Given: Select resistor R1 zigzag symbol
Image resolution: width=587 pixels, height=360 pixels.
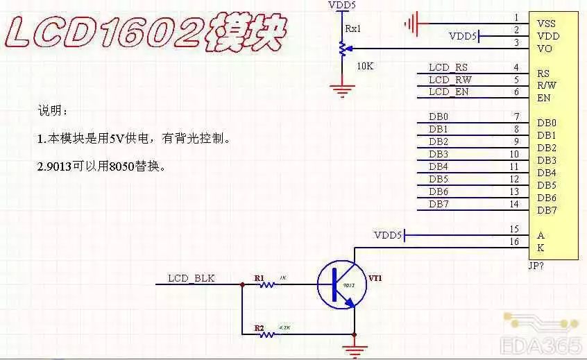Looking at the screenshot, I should [266, 284].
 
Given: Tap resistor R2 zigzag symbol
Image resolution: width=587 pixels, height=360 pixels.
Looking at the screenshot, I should [266, 334].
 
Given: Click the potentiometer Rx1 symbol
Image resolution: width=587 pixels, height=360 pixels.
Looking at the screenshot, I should [341, 49].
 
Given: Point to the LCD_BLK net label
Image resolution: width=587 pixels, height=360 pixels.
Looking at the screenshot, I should [192, 279].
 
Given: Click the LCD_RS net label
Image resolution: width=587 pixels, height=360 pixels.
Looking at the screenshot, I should [448, 67].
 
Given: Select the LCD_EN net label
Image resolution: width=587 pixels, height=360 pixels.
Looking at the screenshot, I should [448, 92].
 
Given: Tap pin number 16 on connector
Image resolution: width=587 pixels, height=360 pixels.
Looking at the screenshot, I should [513, 241].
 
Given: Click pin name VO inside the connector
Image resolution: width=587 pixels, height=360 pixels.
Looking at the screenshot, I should [545, 49].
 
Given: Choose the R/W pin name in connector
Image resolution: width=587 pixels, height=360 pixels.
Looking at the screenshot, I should [547, 85].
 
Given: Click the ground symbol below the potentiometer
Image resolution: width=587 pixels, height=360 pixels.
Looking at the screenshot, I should [341, 88].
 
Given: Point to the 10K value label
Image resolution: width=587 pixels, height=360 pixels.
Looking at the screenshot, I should [365, 66].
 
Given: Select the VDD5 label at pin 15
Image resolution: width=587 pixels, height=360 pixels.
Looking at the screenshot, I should [388, 235].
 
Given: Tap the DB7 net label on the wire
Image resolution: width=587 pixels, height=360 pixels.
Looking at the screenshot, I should [439, 203].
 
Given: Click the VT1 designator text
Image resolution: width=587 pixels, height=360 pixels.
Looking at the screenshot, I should [375, 278].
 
